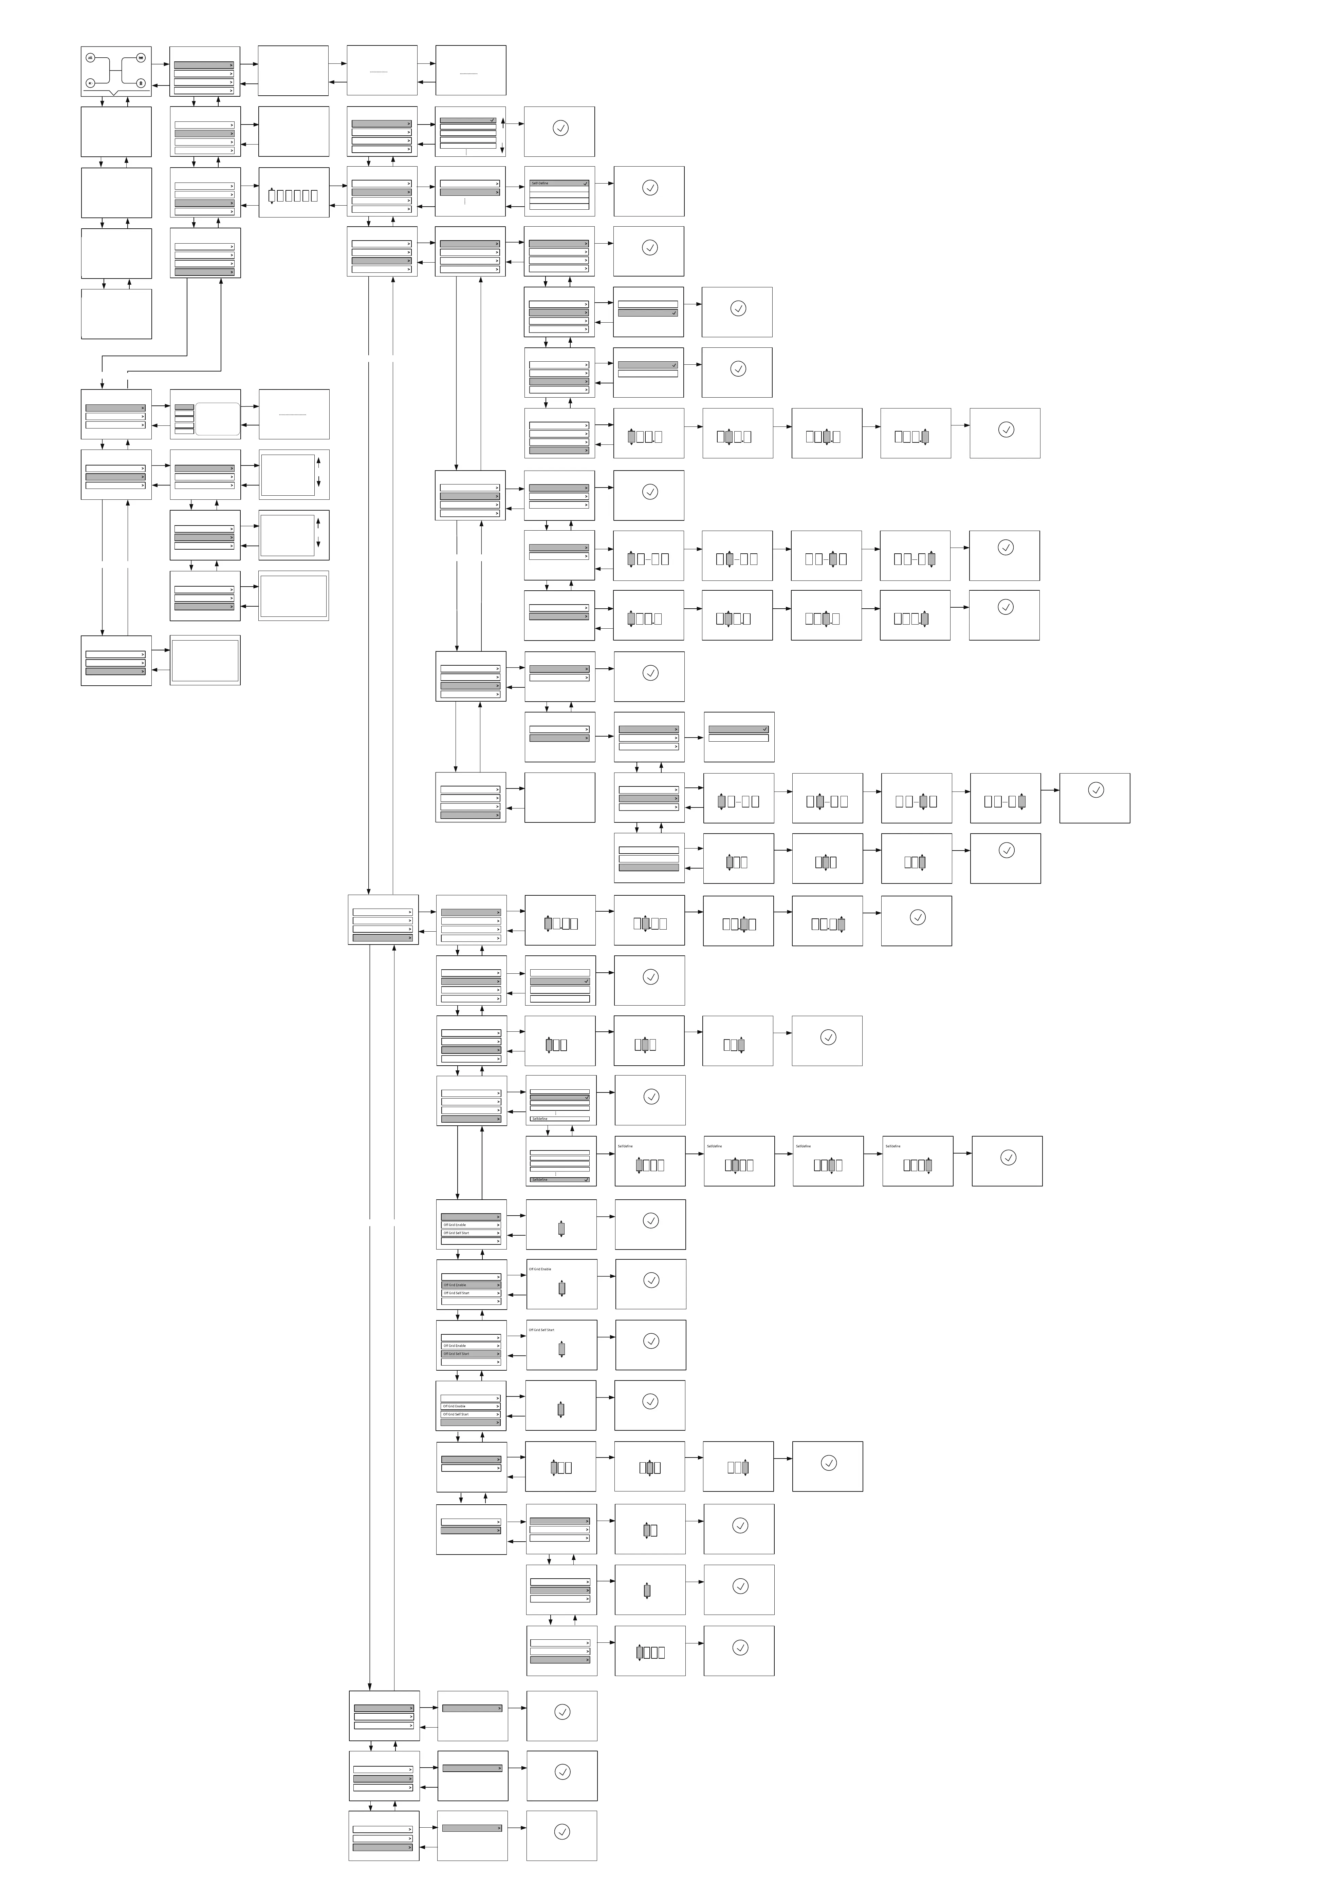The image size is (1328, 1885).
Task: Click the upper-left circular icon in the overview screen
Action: (x=90, y=57)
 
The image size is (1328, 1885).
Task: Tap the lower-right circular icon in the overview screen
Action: (x=141, y=83)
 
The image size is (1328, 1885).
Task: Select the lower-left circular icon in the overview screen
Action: (x=90, y=83)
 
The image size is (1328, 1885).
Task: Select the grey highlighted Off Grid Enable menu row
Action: (x=471, y=1285)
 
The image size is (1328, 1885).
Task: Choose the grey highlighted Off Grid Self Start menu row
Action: (x=471, y=1354)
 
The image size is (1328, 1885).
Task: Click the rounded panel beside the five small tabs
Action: (x=218, y=419)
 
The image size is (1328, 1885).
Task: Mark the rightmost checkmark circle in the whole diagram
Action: (x=1095, y=790)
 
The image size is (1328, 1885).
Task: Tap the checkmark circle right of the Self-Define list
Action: (x=650, y=188)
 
